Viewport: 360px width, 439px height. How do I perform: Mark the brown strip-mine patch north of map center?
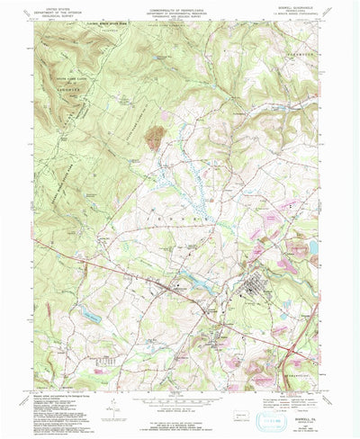(x=156, y=137)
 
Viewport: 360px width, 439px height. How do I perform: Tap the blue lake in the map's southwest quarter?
(x=89, y=314)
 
